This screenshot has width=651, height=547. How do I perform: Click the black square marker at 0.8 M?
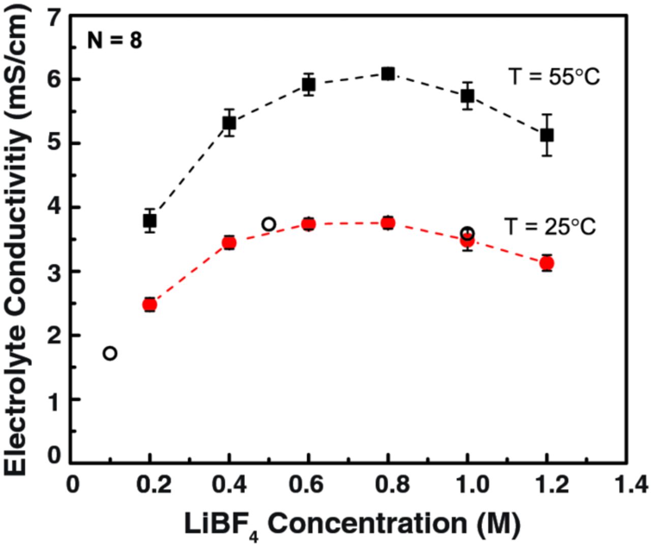click(x=388, y=74)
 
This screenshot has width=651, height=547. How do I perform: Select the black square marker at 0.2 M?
click(x=150, y=221)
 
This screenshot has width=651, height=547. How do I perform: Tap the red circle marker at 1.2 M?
click(x=547, y=263)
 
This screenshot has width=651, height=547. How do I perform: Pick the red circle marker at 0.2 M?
click(x=150, y=305)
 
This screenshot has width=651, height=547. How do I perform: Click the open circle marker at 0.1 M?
click(x=110, y=353)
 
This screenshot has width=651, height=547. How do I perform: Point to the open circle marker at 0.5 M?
click(x=269, y=224)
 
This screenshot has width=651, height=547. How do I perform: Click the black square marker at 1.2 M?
click(x=547, y=135)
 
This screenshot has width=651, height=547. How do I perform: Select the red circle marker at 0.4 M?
click(x=229, y=243)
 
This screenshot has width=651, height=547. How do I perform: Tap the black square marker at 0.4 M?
click(x=229, y=123)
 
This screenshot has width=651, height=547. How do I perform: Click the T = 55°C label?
click(x=554, y=77)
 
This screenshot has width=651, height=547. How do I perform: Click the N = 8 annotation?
click(x=114, y=40)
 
